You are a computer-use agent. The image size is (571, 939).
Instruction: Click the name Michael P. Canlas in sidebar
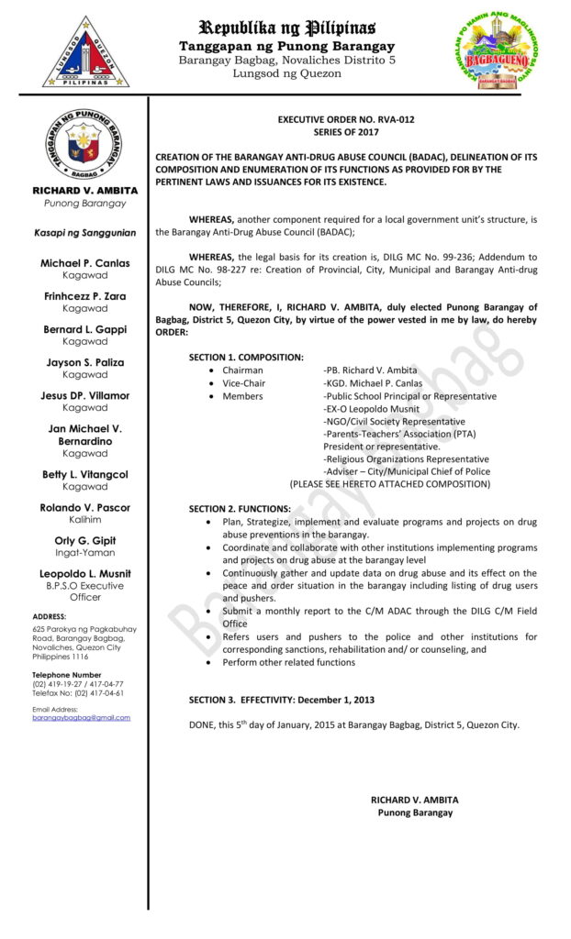point(84,263)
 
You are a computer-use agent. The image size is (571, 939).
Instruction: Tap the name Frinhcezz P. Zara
point(84,296)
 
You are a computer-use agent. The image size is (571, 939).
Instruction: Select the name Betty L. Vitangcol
point(84,474)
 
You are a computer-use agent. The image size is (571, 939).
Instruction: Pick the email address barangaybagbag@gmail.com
point(82,717)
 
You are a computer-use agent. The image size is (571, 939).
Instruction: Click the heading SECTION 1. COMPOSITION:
point(246,357)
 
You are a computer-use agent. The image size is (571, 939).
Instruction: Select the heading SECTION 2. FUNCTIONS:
point(240,509)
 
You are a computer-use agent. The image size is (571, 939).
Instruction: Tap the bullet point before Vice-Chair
point(213,383)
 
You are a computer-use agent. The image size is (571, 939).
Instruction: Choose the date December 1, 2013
point(334,700)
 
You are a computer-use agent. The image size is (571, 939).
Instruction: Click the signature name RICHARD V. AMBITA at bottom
point(415,800)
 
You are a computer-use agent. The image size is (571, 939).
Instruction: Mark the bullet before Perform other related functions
point(213,662)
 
